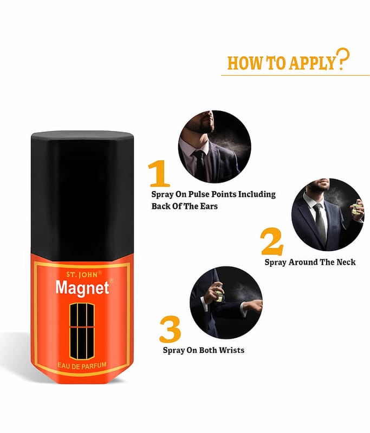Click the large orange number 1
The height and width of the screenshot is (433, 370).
[x=159, y=173]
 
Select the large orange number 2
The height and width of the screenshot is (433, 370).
[x=272, y=241]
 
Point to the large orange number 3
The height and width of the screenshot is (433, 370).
[x=170, y=329]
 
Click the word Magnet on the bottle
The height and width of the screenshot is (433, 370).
[x=82, y=288]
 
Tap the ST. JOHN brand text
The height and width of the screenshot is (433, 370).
[x=82, y=274]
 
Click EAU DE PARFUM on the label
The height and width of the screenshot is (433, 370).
[x=82, y=366]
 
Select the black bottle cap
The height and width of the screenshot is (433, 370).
[x=82, y=195]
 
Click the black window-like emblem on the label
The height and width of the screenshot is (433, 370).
[x=82, y=331]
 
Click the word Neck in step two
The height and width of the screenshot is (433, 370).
[x=346, y=262]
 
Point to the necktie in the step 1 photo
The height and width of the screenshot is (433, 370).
[x=199, y=166]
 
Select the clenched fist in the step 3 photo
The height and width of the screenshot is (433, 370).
[x=255, y=306]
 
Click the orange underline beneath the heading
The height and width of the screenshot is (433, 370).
[x=295, y=75]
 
